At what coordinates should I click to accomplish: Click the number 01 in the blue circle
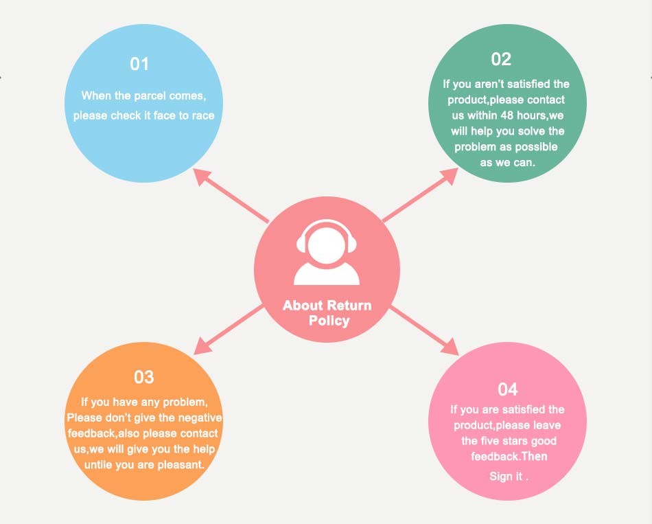click(139, 65)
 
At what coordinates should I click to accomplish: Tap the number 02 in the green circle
click(501, 60)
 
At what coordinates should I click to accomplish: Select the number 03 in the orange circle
click(144, 377)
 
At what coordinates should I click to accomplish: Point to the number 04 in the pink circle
click(507, 390)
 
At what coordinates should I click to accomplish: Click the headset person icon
click(327, 252)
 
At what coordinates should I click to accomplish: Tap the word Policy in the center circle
click(329, 321)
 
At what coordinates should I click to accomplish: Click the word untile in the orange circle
click(100, 465)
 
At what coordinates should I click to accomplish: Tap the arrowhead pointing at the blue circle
click(202, 176)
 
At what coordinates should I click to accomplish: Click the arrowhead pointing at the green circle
click(450, 174)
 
